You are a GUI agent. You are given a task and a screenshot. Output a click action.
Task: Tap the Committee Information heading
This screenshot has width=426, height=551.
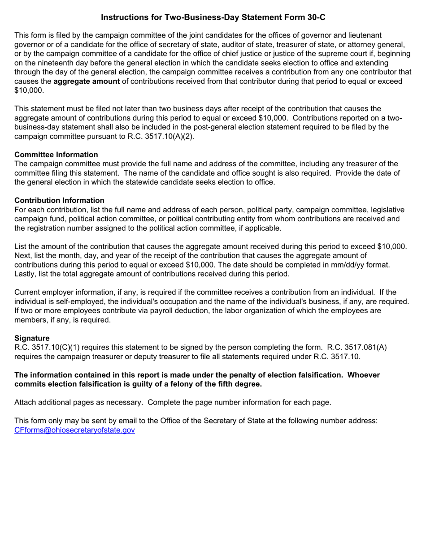click(56, 155)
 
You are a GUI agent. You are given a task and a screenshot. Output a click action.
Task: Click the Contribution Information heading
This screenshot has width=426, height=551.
click(59, 200)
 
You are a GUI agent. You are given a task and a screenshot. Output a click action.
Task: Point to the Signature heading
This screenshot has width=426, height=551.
click(32, 338)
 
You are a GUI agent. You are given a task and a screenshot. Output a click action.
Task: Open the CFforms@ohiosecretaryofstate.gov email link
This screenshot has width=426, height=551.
click(74, 430)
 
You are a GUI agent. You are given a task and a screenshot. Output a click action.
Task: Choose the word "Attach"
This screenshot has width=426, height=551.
click(26, 402)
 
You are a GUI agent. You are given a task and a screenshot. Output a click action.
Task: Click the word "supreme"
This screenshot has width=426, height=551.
click(331, 53)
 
